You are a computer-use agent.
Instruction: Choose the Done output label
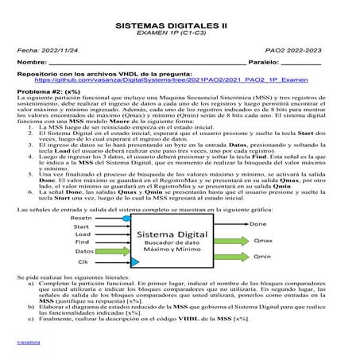[258, 225]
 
